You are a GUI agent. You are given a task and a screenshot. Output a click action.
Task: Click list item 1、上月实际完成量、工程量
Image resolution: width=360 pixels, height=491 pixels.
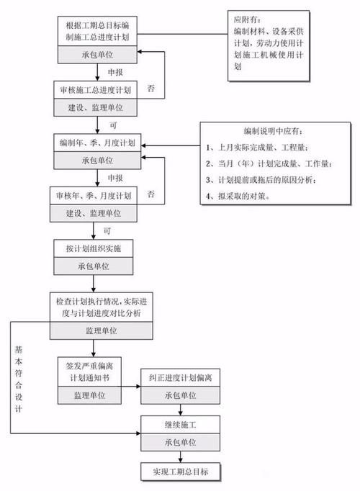[265, 147]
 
